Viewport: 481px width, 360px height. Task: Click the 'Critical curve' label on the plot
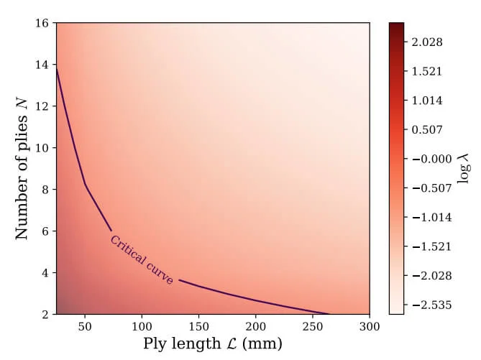tap(142, 260)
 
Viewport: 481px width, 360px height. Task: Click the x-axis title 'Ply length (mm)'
tap(213, 343)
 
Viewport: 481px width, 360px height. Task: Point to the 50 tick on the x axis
tap(85, 326)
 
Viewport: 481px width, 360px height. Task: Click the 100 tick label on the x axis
tap(142, 326)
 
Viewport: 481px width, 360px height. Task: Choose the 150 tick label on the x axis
tap(198, 326)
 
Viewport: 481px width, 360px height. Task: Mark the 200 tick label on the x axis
tap(255, 326)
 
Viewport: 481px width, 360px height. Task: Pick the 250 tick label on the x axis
tap(312, 326)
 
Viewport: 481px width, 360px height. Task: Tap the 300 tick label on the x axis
tap(369, 326)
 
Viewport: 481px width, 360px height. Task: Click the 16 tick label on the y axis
tap(42, 23)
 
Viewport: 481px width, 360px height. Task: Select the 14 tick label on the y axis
tap(42, 65)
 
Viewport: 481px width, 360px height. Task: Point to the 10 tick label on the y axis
tap(42, 148)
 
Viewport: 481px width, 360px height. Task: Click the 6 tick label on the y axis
tap(45, 231)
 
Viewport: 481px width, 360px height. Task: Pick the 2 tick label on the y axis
tap(45, 315)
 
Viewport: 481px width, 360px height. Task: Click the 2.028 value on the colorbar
tap(427, 42)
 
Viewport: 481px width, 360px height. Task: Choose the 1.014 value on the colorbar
tap(427, 100)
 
